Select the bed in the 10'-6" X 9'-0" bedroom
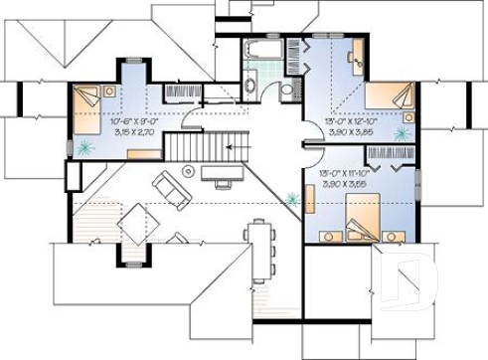pos(87,111)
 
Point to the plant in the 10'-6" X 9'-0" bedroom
pos(84,149)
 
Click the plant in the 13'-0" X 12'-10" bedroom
pos(403,133)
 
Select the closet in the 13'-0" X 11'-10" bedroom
pos(391,155)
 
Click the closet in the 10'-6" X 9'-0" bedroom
pos(183,92)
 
